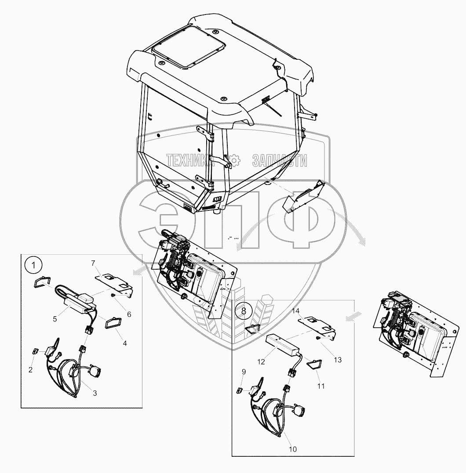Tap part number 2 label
pyautogui.click(x=30, y=369)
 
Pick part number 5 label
pyautogui.click(x=129, y=314)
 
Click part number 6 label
pyautogui.click(x=93, y=263)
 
